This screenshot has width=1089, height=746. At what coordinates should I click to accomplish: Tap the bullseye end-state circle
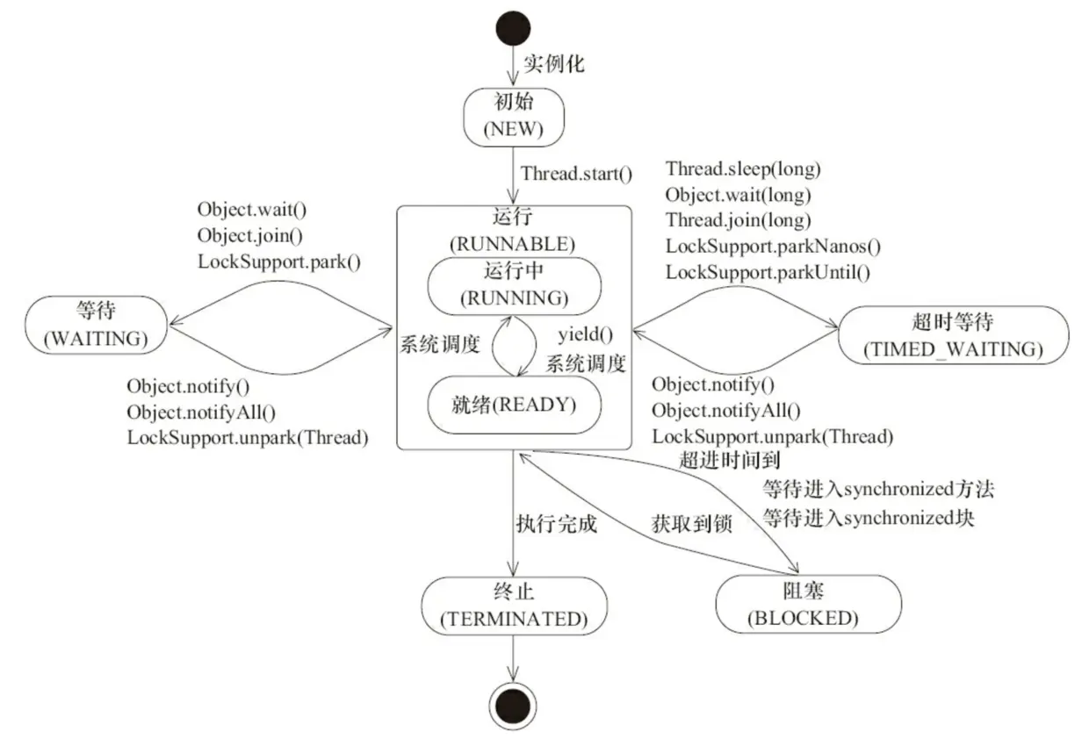click(513, 705)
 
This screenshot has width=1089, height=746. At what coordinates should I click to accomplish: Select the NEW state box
click(513, 118)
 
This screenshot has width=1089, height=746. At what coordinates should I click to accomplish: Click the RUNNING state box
click(514, 284)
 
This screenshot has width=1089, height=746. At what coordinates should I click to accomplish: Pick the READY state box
click(514, 405)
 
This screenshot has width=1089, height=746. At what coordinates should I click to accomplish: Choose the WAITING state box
click(97, 325)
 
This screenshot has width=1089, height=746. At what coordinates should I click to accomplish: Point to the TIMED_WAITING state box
click(954, 335)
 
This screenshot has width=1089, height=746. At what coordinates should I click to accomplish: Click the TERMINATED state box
click(513, 606)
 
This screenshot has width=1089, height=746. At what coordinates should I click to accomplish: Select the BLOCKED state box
click(808, 606)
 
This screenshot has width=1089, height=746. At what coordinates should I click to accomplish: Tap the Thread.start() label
click(576, 173)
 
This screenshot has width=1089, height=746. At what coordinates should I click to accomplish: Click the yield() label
click(585, 334)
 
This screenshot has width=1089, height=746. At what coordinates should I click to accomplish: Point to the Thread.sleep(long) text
click(743, 169)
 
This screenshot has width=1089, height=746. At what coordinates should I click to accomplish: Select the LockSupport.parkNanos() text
click(773, 246)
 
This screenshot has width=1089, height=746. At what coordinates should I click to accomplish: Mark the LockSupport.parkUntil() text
click(768, 272)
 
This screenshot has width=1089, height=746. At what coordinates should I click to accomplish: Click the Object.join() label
click(249, 235)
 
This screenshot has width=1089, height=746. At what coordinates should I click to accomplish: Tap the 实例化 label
click(554, 64)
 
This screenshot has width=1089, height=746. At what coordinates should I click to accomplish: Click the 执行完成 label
click(556, 525)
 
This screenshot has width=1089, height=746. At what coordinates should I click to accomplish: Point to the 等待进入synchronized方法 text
click(877, 488)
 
